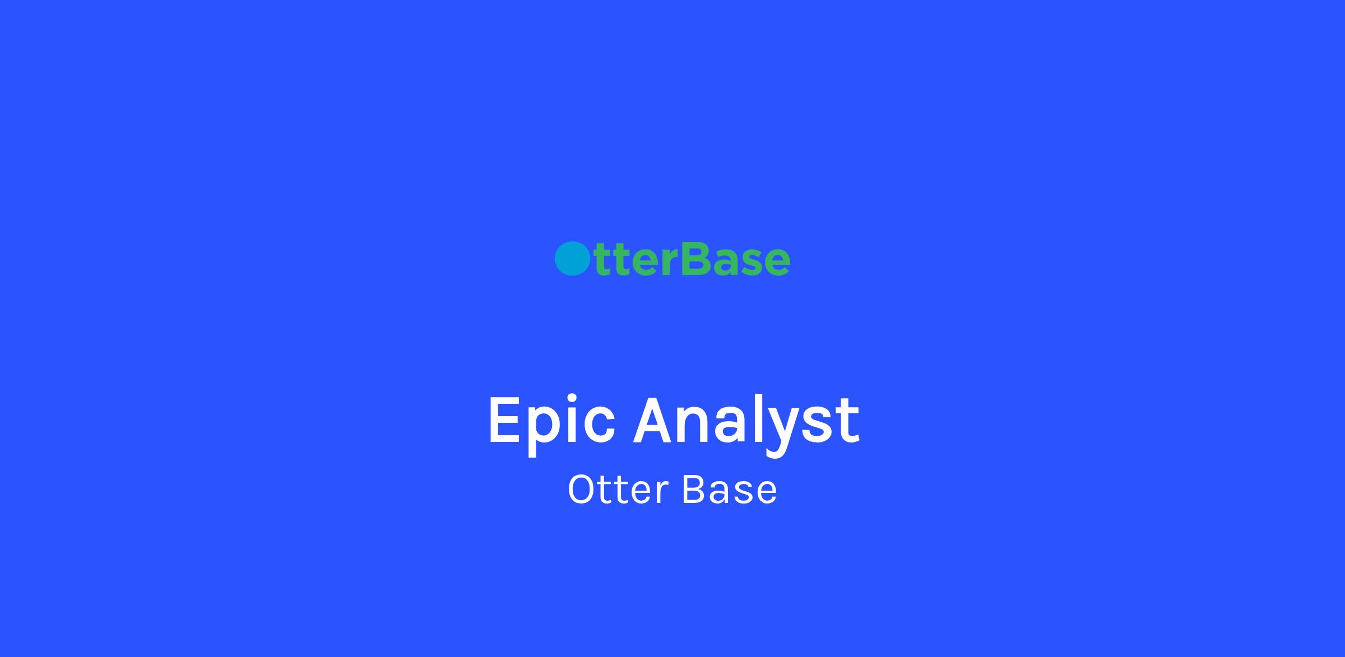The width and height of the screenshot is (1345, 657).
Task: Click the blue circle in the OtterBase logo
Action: coord(572,259)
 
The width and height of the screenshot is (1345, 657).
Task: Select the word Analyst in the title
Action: coord(746,423)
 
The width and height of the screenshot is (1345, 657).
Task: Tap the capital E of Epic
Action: coord(505,420)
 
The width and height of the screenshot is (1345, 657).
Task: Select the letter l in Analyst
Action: coord(757,419)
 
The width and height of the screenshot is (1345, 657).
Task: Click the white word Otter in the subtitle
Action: coord(618,490)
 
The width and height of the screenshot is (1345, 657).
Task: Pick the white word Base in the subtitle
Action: coord(730,490)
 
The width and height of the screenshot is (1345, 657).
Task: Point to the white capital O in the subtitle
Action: coord(583,490)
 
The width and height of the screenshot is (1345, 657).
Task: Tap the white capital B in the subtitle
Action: coord(694,490)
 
